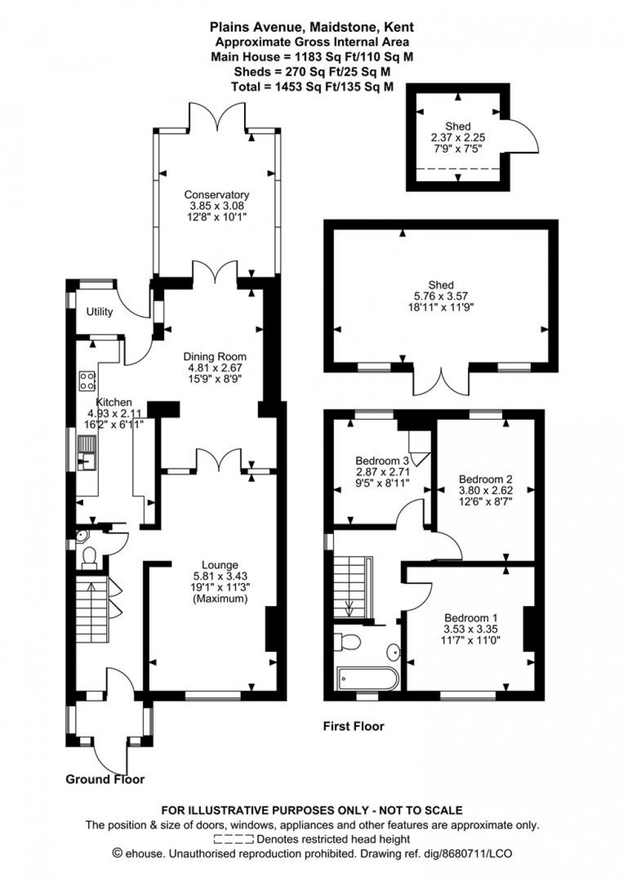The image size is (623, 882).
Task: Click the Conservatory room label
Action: click(216, 195)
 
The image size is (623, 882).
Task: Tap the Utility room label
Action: click(100, 312)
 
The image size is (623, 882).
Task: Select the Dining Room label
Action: click(214, 356)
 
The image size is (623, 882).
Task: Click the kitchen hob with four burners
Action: click(87, 380)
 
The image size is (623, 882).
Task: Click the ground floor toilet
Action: click(88, 556)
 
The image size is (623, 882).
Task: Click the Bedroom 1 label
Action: click(470, 617)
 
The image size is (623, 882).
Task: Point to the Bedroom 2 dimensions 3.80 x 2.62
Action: click(485, 490)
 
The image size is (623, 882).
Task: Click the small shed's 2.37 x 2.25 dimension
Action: click(458, 137)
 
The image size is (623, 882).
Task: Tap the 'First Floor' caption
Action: click(353, 726)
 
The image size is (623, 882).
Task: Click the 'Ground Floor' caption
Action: click(105, 779)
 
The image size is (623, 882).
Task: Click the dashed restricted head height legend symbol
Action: click(234, 839)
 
